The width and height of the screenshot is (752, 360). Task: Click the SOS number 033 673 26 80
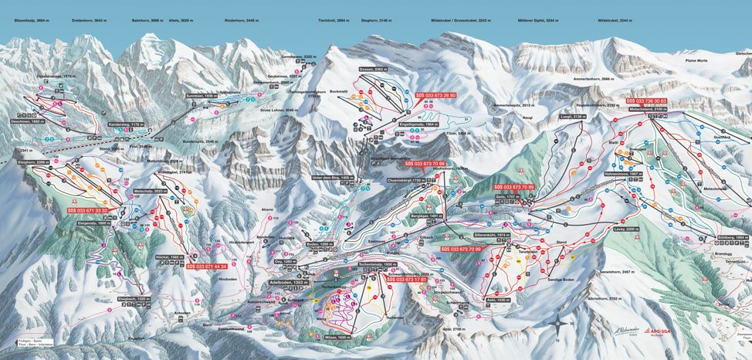click(436, 95)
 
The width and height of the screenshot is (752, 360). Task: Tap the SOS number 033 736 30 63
click(645, 101)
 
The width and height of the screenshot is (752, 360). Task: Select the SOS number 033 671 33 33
click(87, 210)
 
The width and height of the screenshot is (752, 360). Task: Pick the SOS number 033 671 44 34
click(206, 266)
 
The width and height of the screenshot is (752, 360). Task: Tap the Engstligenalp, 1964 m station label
click(420, 124)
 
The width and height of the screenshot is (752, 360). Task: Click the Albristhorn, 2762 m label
click(605, 297)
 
